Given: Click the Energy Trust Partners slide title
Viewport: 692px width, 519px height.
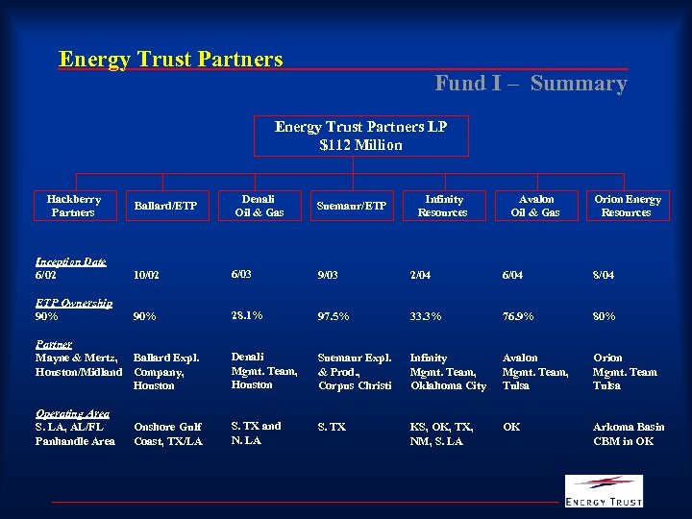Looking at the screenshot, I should pyautogui.click(x=171, y=59).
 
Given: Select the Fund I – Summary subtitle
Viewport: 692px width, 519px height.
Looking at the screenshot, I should pyautogui.click(x=531, y=84).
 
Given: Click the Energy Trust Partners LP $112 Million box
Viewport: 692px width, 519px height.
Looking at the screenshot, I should pyautogui.click(x=360, y=136).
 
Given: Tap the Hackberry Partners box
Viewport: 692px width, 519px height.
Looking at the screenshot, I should pyautogui.click(x=74, y=206).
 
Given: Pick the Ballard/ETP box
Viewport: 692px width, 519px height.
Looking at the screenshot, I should pyautogui.click(x=165, y=206).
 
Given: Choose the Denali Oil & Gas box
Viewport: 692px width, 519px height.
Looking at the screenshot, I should pyautogui.click(x=259, y=206).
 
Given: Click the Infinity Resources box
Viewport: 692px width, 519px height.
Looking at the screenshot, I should pyautogui.click(x=442, y=206).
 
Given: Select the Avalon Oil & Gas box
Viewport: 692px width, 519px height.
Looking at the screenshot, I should pyautogui.click(x=534, y=206).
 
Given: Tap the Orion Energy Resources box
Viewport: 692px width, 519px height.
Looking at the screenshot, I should pyautogui.click(x=627, y=206).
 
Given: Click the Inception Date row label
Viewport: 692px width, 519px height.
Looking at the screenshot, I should pyautogui.click(x=70, y=261).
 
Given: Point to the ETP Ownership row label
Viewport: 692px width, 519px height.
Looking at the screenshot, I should pyautogui.click(x=74, y=303).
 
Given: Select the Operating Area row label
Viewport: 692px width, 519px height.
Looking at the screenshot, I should pyautogui.click(x=72, y=413).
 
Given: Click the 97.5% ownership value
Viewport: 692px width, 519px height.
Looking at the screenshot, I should pyautogui.click(x=333, y=316).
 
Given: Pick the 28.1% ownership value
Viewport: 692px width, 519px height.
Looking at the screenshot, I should pyautogui.click(x=247, y=315).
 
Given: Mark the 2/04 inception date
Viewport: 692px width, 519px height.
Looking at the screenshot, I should pyautogui.click(x=422, y=275).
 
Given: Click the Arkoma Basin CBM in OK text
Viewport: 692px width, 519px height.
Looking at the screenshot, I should pyautogui.click(x=628, y=433).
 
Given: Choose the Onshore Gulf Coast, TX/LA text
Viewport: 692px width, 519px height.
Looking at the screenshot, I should pyautogui.click(x=168, y=433).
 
